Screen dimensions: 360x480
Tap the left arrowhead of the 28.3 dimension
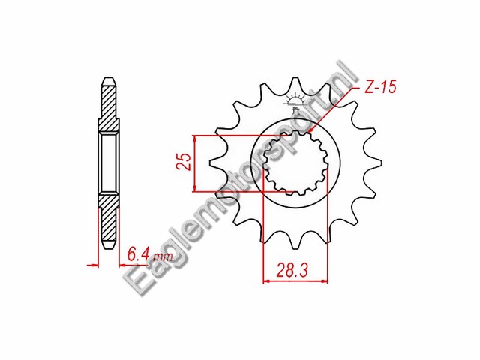[x=265, y=282]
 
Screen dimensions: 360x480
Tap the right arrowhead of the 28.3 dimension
[x=327, y=282]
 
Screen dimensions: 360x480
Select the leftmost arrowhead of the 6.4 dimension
[x=95, y=264]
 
